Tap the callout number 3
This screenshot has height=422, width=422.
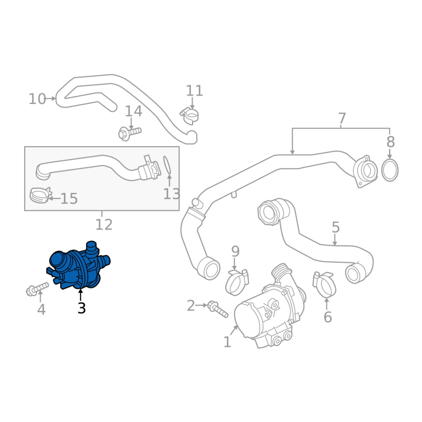point(81,308)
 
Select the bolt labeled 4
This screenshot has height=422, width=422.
point(37,288)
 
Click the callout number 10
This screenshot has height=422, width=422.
point(37,99)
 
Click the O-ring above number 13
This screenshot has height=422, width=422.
point(167,165)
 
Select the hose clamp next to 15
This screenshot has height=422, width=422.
point(39,195)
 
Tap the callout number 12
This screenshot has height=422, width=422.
point(104,225)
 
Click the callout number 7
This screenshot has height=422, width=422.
point(341,118)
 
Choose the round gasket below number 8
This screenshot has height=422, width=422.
point(390,170)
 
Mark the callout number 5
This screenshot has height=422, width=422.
point(335,227)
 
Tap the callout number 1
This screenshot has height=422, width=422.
point(227,342)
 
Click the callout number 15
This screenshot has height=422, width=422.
point(69,199)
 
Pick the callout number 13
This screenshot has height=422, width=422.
point(171,194)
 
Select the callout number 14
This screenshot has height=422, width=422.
point(133,111)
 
